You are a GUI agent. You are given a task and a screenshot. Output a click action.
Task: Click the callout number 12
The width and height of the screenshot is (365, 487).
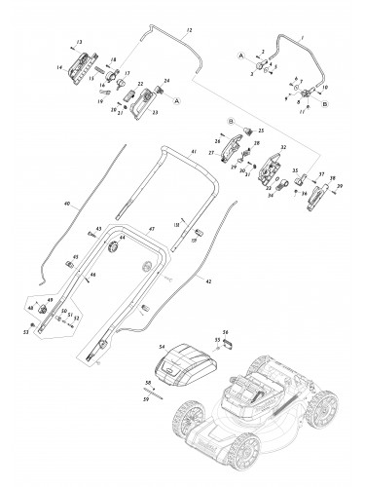(x=189, y=33)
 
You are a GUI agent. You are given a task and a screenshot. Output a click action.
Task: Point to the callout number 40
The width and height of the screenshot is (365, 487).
(x=67, y=205)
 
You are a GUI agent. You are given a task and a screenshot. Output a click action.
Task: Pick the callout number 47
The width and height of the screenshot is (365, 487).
(x=152, y=227)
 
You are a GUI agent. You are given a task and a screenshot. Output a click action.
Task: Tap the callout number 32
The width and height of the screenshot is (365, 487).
(x=283, y=148)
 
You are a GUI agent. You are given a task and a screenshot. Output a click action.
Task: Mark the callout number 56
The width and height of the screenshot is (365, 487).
(x=224, y=330)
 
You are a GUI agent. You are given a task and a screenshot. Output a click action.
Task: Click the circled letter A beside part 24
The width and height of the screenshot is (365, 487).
(x=176, y=99)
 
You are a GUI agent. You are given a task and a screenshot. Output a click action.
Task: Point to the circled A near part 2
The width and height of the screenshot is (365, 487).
(x=238, y=59)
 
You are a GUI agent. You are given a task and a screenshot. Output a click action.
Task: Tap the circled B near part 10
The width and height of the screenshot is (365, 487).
(x=325, y=101)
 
